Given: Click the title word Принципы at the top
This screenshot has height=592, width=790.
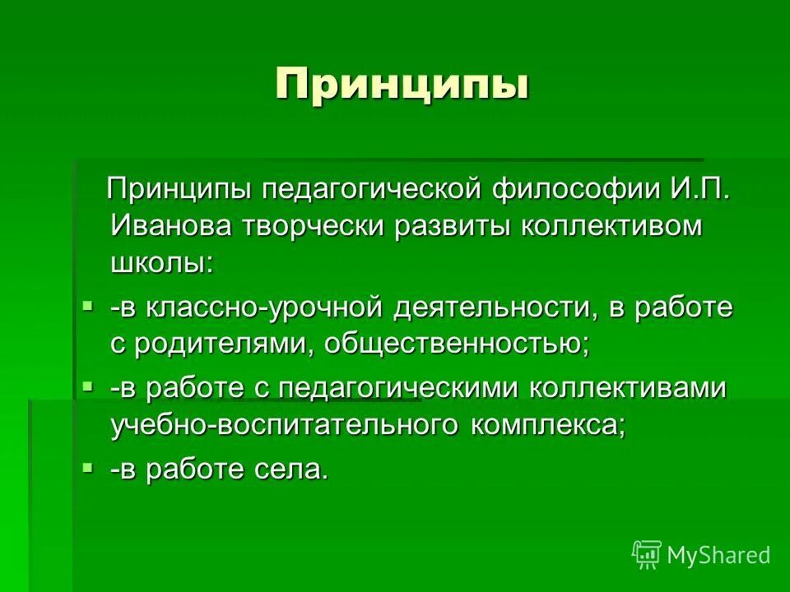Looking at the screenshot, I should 401,86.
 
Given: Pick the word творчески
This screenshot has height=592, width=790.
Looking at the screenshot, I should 320,226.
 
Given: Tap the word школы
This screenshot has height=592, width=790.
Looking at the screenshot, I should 161,263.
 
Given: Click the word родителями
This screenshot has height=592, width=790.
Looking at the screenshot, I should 222,345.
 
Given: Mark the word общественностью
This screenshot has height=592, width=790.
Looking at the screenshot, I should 458,345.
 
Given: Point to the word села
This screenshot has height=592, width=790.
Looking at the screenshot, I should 290,469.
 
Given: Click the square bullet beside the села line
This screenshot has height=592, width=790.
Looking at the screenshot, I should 88,466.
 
